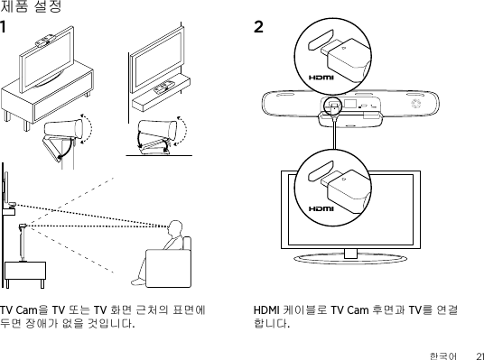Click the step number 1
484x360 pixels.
click(3, 27)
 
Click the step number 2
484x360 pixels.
click(258, 27)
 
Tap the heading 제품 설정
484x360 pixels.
click(31, 6)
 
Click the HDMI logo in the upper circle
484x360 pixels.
click(321, 78)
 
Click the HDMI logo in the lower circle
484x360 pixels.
click(321, 208)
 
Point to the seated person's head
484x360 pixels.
click(176, 227)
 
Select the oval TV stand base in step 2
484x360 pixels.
click(350, 259)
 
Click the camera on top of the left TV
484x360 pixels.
click(46, 40)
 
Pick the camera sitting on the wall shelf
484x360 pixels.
click(163, 87)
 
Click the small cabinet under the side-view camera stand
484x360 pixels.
click(25, 274)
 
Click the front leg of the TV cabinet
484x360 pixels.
click(27, 125)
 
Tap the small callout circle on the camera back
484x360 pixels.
click(333, 106)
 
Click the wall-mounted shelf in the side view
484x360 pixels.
click(9, 212)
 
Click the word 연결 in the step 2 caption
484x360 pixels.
click(447, 310)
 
